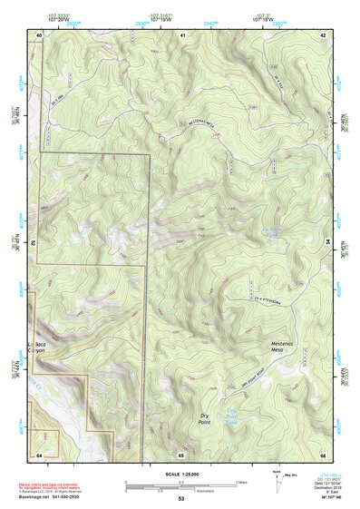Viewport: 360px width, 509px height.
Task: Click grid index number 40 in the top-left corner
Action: click(x=39, y=34)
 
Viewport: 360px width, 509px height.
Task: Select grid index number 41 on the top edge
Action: click(x=182, y=34)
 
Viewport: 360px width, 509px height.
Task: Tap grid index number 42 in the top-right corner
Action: click(x=323, y=34)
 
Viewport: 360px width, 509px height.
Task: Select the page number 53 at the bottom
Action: click(x=180, y=500)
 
